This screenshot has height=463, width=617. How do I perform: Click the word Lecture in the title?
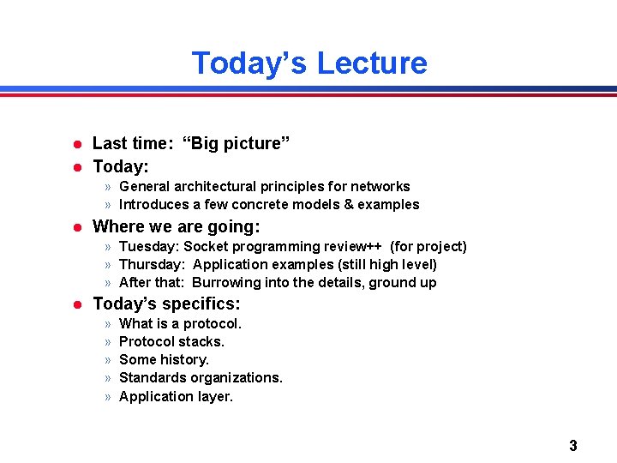(372, 63)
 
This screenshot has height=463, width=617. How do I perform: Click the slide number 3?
(572, 445)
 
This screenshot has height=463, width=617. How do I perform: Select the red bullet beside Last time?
(76, 144)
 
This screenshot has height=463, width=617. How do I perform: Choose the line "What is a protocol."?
(180, 324)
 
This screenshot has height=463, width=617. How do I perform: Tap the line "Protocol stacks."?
(171, 342)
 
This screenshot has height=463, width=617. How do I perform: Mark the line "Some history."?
(164, 360)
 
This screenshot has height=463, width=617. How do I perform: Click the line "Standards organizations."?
(201, 378)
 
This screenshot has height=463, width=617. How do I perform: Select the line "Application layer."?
(176, 396)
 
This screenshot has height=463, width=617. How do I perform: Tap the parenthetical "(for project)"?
(428, 247)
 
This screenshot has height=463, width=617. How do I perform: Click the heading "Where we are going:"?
(176, 226)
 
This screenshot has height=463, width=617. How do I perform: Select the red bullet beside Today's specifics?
(76, 304)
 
